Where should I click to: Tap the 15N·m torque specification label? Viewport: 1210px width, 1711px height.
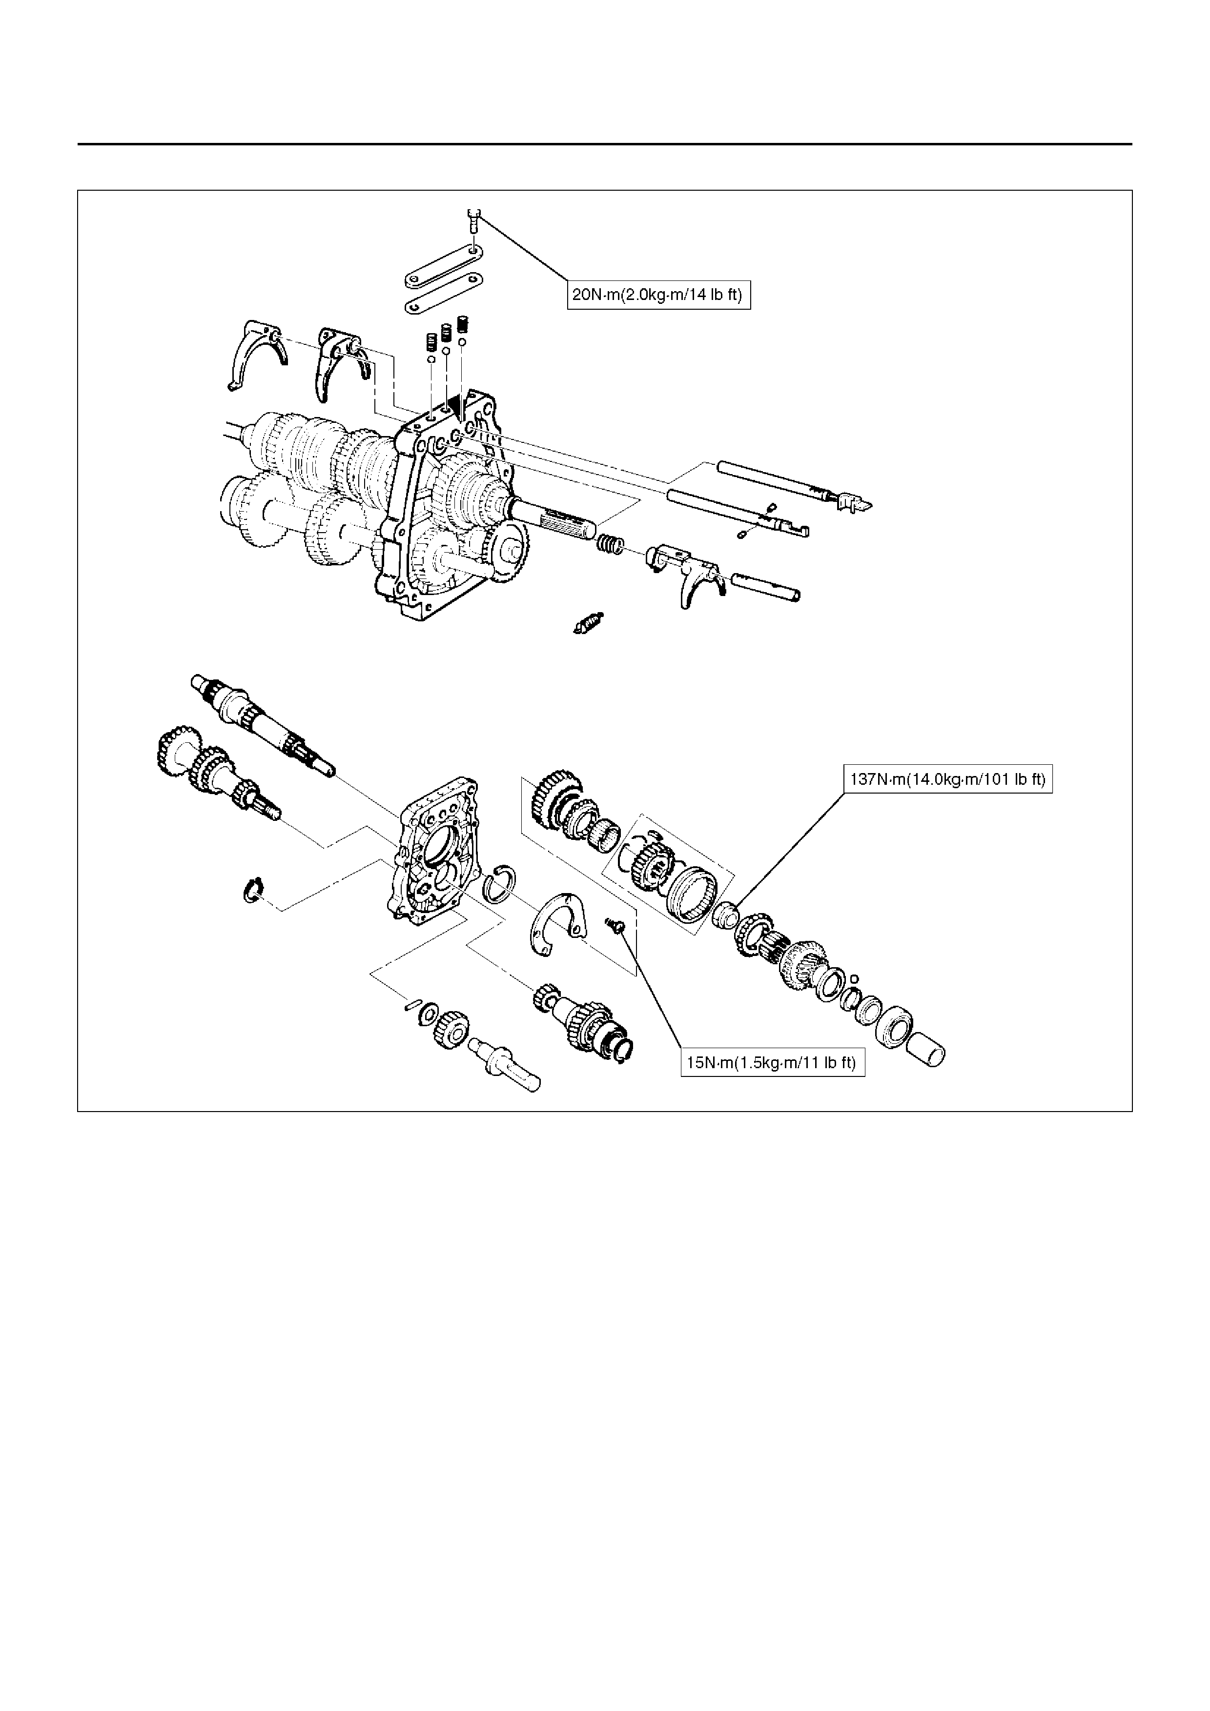tap(772, 1063)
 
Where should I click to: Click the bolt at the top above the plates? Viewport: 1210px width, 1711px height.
tap(474, 220)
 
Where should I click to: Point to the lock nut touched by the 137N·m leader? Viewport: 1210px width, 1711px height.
tap(724, 914)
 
